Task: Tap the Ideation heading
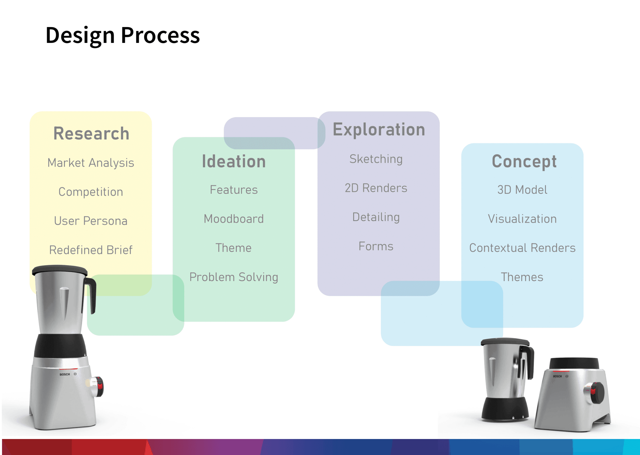point(234,162)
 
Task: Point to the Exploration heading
point(379,130)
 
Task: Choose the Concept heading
point(524,162)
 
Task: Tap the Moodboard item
point(234,219)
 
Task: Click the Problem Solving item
point(234,277)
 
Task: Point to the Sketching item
point(376,159)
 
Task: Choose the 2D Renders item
point(376,188)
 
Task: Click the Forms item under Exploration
point(376,246)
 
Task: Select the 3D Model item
point(522,190)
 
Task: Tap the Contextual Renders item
point(522,248)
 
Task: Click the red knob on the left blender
point(100,387)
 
